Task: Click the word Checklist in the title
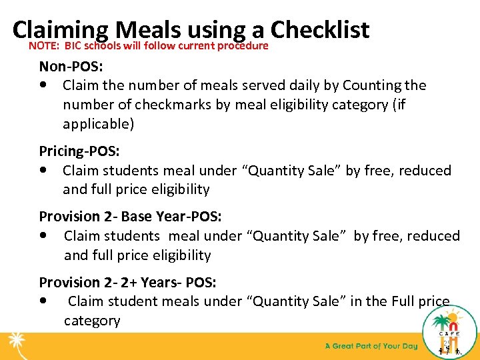tap(320, 29)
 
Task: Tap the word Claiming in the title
tap(61, 29)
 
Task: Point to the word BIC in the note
tap(73, 46)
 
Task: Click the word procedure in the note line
tap(241, 46)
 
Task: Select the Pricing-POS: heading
tap(79, 151)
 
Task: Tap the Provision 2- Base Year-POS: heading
tap(131, 216)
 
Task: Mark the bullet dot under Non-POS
tap(43, 85)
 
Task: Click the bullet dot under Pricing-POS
tap(43, 170)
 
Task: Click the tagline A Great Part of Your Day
tap(371, 346)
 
